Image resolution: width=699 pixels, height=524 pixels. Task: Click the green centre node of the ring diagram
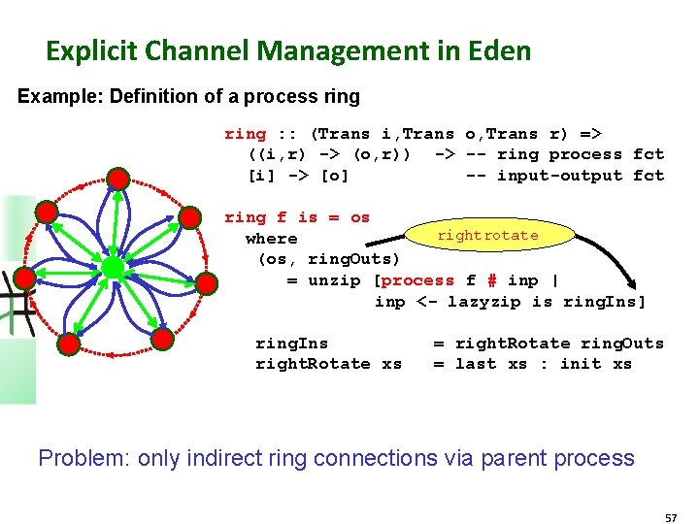pyautogui.click(x=113, y=266)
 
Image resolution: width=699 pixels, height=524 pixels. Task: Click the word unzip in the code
pyautogui.click(x=335, y=280)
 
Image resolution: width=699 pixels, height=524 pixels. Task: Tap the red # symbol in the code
pyautogui.click(x=492, y=280)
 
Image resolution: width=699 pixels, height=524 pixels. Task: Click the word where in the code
pyautogui.click(x=271, y=239)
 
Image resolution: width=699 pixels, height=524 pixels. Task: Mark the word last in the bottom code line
pyautogui.click(x=476, y=364)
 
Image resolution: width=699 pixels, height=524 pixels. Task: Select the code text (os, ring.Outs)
pyautogui.click(x=328, y=259)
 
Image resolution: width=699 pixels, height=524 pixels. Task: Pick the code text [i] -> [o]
pyautogui.click(x=298, y=176)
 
